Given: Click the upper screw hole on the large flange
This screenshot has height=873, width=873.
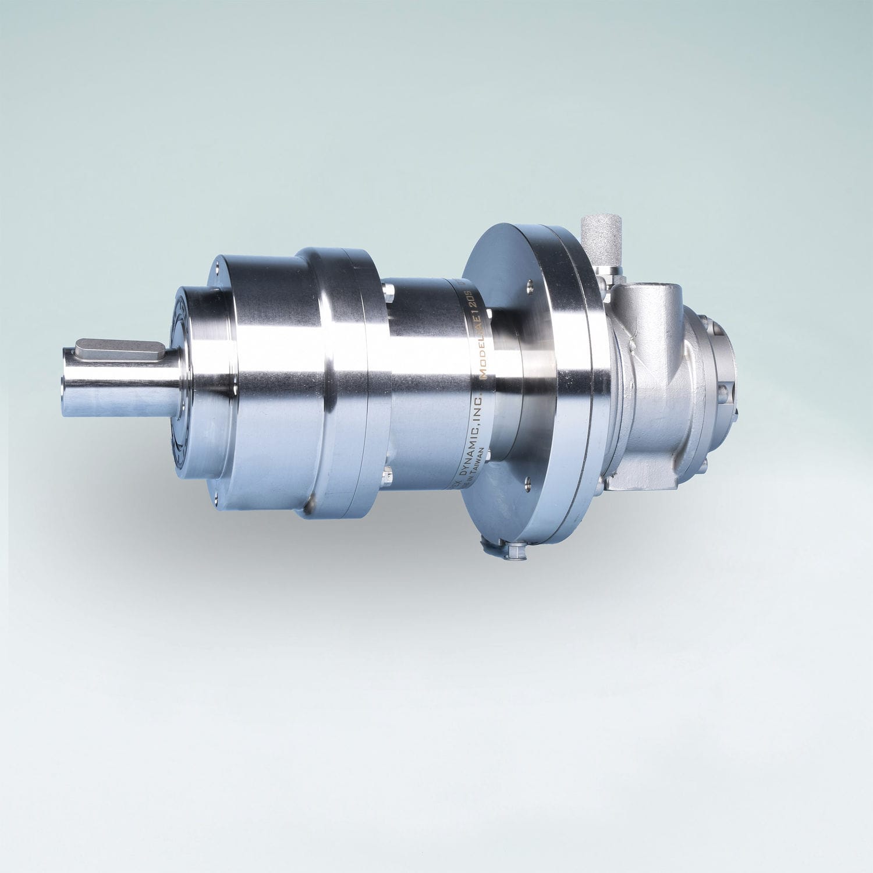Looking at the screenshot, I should click(x=529, y=285).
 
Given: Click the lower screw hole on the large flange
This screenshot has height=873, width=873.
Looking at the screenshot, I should click(x=526, y=481).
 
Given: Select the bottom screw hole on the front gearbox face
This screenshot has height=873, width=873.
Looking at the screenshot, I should click(x=216, y=494).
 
